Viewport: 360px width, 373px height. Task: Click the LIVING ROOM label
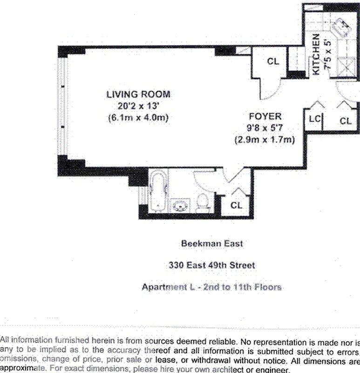pyautogui.click(x=138, y=95)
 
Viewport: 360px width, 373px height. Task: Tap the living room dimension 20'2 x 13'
pyautogui.click(x=138, y=106)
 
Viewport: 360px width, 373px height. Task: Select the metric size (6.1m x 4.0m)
pyautogui.click(x=138, y=118)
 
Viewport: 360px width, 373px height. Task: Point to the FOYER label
pyautogui.click(x=265, y=116)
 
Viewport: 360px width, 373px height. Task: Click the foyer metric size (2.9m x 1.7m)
pyautogui.click(x=265, y=139)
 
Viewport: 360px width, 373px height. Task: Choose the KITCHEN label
pyautogui.click(x=316, y=54)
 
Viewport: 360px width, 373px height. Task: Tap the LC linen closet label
pyautogui.click(x=315, y=118)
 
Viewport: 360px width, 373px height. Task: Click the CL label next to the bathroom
pyautogui.click(x=236, y=205)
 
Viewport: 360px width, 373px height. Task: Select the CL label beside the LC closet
pyautogui.click(x=346, y=121)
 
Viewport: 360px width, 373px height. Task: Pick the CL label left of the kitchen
pyautogui.click(x=273, y=62)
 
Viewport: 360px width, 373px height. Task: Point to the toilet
pyautogui.click(x=203, y=202)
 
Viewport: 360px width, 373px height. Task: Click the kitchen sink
pyautogui.click(x=340, y=28)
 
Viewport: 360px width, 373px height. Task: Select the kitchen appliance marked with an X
pyautogui.click(x=346, y=67)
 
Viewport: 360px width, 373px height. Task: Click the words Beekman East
pyautogui.click(x=212, y=243)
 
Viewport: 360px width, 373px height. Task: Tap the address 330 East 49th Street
pyautogui.click(x=212, y=265)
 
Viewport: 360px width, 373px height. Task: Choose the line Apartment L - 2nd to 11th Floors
pyautogui.click(x=211, y=287)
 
